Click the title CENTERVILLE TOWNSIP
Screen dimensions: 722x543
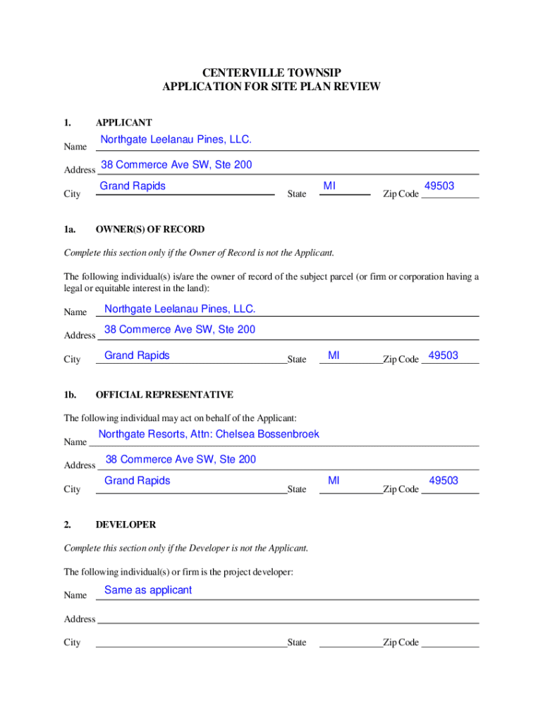(x=271, y=73)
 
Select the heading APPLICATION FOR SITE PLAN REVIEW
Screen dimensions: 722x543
(x=271, y=87)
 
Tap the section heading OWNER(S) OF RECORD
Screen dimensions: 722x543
(x=150, y=229)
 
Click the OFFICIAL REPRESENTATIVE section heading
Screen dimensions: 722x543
(x=164, y=395)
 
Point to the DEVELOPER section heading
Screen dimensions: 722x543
(x=126, y=525)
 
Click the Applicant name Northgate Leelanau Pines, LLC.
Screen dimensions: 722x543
(x=176, y=140)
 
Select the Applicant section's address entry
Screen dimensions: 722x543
(x=176, y=166)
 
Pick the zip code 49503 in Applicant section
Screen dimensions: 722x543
(x=439, y=186)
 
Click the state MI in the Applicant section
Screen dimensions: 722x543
(x=329, y=186)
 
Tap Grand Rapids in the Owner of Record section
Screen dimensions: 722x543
(x=137, y=355)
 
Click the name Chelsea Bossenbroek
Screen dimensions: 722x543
(x=267, y=434)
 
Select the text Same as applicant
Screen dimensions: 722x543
(x=148, y=590)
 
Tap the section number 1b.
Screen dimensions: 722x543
(x=70, y=395)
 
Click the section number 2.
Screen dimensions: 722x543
(x=67, y=525)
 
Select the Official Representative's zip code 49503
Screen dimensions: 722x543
(x=444, y=481)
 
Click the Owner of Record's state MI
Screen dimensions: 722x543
(x=334, y=355)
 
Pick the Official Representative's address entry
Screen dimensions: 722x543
(x=181, y=460)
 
